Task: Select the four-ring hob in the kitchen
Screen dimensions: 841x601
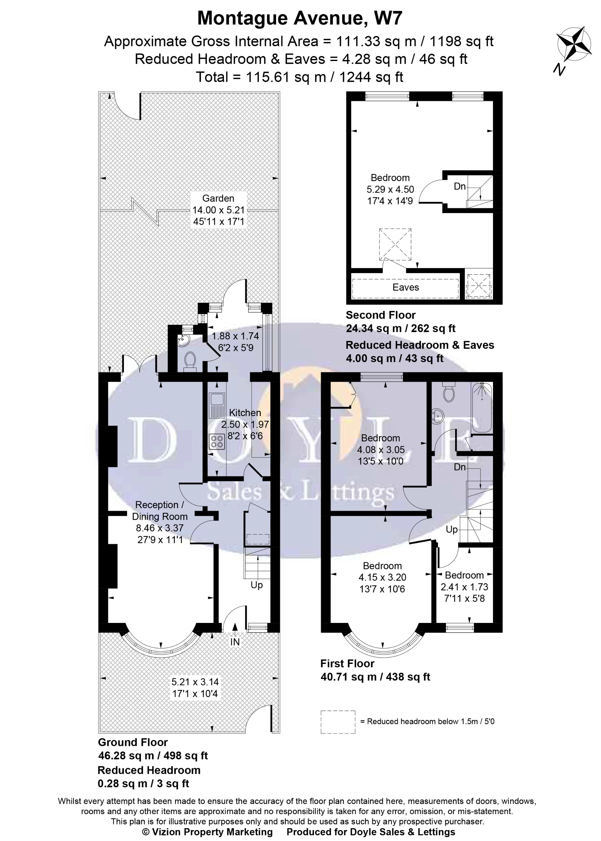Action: click(217, 441)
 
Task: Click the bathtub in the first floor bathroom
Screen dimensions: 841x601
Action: click(482, 408)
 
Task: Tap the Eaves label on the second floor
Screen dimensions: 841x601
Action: click(406, 287)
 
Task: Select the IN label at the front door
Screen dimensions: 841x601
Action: click(235, 642)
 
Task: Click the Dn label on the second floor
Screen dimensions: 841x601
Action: click(459, 186)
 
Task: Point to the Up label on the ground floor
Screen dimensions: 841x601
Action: click(256, 585)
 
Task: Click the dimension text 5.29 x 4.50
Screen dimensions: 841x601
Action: click(390, 189)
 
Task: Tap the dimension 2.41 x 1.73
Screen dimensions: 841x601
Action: click(464, 587)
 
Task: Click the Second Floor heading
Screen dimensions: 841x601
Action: click(380, 315)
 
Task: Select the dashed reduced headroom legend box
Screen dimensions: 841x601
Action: click(337, 721)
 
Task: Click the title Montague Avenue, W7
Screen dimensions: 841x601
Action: click(300, 18)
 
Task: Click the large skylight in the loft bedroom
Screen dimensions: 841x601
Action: click(395, 244)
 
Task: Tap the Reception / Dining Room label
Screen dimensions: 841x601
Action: click(160, 510)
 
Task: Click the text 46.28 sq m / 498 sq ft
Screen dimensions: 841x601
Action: click(153, 756)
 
